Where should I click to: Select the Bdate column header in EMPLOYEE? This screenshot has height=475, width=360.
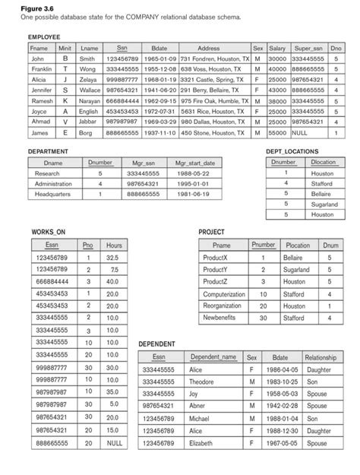click(160, 47)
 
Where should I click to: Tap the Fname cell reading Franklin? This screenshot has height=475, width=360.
click(41, 69)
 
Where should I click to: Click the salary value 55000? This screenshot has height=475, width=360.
click(277, 133)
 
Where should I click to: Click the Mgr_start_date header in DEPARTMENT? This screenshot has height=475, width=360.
click(195, 163)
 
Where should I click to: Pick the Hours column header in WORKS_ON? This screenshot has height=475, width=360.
click(115, 245)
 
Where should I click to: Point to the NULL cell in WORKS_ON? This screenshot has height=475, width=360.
click(115, 441)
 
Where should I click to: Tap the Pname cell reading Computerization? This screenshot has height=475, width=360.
click(223, 293)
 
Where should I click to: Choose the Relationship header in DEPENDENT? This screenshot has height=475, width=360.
click(326, 356)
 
